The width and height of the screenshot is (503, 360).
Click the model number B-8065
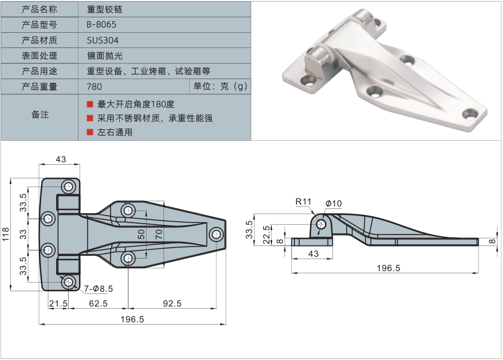[x=101, y=25]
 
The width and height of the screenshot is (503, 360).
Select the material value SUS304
[x=102, y=40]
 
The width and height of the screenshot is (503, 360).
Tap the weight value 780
[x=94, y=86]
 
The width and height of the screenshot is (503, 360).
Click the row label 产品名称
[x=39, y=9]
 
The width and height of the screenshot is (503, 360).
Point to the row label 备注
[x=39, y=115]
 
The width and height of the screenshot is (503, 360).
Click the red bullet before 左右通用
[x=90, y=132]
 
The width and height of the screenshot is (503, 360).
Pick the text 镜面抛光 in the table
[x=102, y=56]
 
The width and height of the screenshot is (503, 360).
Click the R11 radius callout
[x=303, y=202]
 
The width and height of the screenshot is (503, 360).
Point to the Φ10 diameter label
[x=334, y=203]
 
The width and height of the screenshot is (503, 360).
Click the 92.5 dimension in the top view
[x=171, y=303]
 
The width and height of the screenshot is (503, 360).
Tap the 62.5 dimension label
[x=98, y=303]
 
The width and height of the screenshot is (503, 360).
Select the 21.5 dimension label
[x=58, y=303]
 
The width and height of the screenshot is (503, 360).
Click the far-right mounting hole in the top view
[x=216, y=235]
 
